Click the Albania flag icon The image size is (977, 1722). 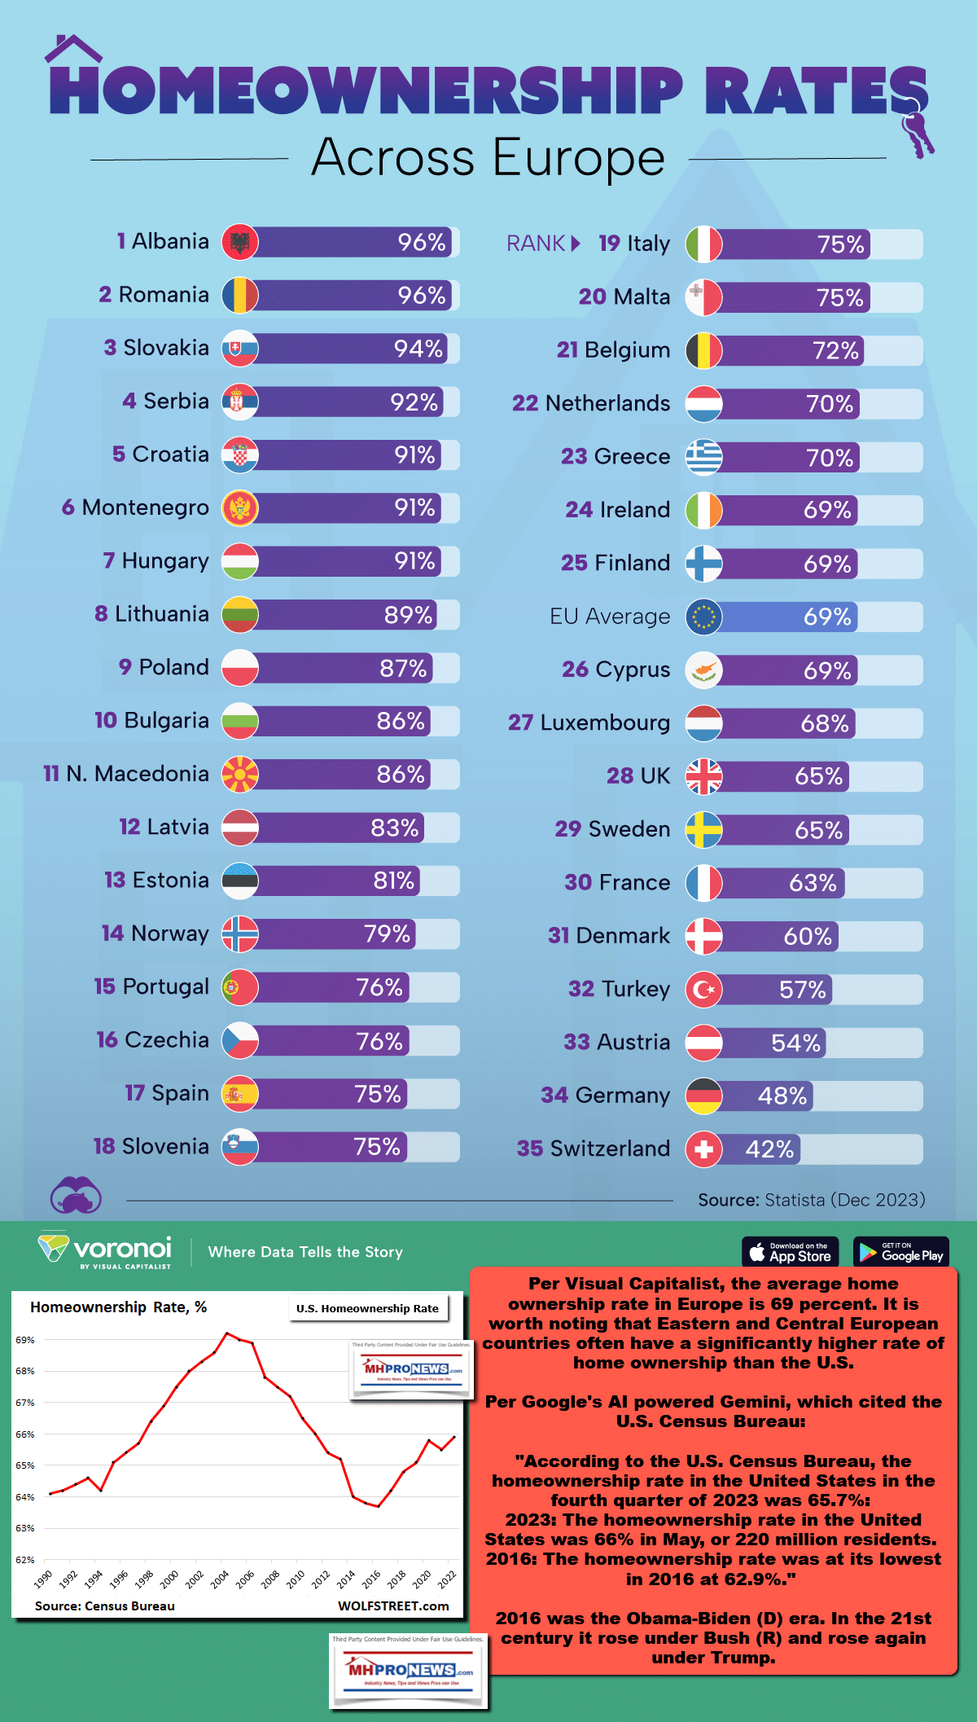click(240, 242)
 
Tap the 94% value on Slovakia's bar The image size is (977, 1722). click(418, 349)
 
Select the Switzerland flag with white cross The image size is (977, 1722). click(703, 1149)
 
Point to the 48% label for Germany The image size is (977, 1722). click(782, 1096)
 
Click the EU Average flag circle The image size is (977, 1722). click(703, 617)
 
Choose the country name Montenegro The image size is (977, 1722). click(145, 507)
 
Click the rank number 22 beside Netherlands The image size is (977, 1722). click(525, 403)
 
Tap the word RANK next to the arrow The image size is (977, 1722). click(536, 244)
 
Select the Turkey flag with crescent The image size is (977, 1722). click(703, 990)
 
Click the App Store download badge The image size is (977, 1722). click(790, 1252)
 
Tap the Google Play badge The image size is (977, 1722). click(901, 1252)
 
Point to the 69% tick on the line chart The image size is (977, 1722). click(24, 1340)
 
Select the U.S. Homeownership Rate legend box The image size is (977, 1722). click(367, 1309)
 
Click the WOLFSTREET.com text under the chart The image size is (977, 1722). click(393, 1606)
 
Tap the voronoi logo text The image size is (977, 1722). click(122, 1248)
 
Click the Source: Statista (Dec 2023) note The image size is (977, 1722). click(811, 1200)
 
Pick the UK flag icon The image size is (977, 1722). click(703, 776)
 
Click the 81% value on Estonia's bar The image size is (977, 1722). click(394, 881)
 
